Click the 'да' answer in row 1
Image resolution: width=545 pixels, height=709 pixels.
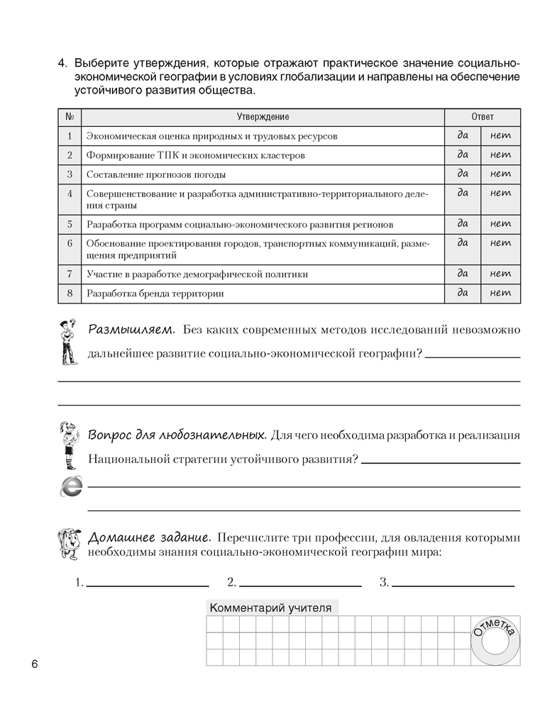[x=463, y=135]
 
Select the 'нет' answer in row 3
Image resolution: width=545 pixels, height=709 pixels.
[x=500, y=174]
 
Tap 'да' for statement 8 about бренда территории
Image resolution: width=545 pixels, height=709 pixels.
[x=463, y=293]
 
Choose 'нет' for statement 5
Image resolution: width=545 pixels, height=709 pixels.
[x=500, y=224]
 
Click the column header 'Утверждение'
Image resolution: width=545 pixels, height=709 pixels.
[x=263, y=117]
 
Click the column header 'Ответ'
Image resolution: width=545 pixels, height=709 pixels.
[x=483, y=117]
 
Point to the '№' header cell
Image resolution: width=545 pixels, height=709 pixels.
[x=70, y=117]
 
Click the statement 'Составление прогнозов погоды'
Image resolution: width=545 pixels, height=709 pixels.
[x=156, y=174]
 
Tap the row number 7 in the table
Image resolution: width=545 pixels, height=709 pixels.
[x=70, y=274]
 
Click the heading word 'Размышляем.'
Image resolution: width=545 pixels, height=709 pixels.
[x=131, y=330]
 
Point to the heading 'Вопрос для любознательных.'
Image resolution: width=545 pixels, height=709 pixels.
[x=177, y=434]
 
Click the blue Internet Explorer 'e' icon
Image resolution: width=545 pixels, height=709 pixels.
[x=71, y=486]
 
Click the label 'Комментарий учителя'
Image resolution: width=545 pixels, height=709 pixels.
[x=270, y=608]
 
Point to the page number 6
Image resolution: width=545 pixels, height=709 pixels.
[x=33, y=664]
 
